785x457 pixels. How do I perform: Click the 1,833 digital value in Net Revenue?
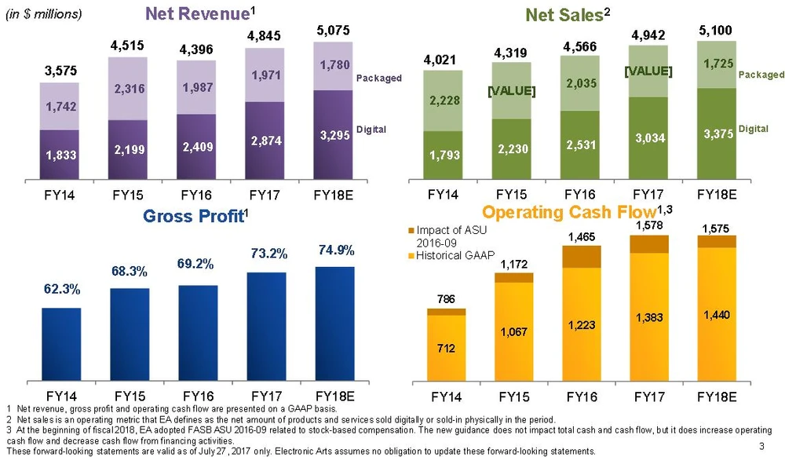click(60, 156)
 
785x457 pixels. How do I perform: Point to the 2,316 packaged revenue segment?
click(128, 90)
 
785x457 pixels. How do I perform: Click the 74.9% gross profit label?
click(335, 250)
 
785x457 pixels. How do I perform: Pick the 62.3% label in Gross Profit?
click(60, 289)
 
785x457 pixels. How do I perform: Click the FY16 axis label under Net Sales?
click(582, 192)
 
